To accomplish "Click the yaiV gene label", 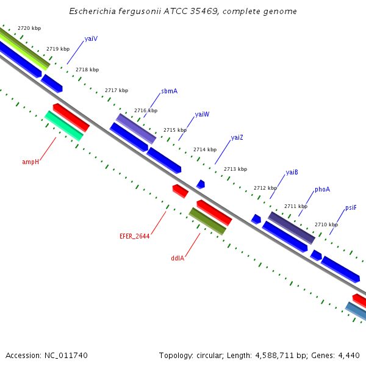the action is (91, 38).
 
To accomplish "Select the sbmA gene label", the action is (169, 91).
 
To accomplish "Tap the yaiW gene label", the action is (202, 114).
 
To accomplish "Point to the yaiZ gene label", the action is (237, 137).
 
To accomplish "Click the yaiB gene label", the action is (292, 172).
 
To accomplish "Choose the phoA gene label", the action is (322, 189).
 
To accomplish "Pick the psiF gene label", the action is (351, 207).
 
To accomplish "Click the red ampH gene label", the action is (30, 162).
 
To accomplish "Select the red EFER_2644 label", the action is (134, 236).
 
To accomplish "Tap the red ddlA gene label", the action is (178, 258).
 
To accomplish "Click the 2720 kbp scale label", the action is (29, 29).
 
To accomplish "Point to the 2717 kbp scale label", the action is (117, 90).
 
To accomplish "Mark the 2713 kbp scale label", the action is (235, 169).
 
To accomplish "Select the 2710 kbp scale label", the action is (326, 224).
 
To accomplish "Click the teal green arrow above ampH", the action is (64, 126).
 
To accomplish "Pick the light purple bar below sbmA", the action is (136, 128).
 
